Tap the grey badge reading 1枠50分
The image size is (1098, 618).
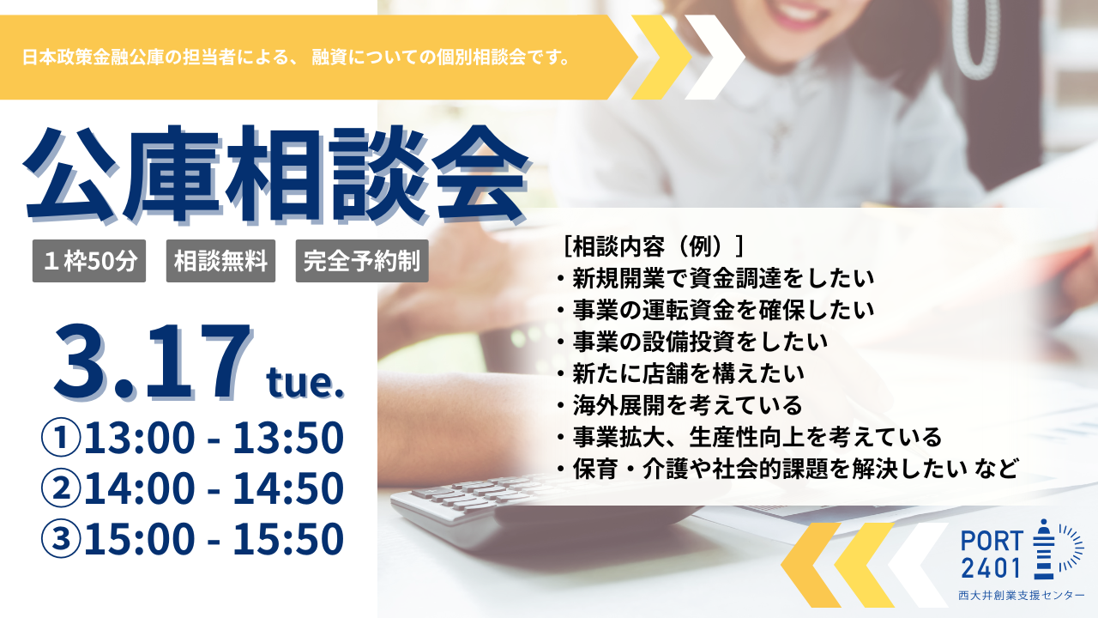click(x=88, y=261)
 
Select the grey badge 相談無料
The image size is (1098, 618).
click(x=220, y=261)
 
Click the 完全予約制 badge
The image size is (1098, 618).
click(x=361, y=261)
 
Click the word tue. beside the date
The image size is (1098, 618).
click(x=305, y=383)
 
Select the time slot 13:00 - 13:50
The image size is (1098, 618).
click(x=214, y=439)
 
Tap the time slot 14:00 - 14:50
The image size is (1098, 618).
click(x=214, y=488)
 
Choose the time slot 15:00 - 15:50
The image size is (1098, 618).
click(x=214, y=539)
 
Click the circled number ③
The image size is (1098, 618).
click(x=61, y=539)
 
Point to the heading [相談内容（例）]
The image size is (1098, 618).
click(x=655, y=246)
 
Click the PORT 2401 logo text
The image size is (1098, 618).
click(x=992, y=554)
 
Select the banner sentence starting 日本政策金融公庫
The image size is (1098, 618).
click(x=297, y=58)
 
